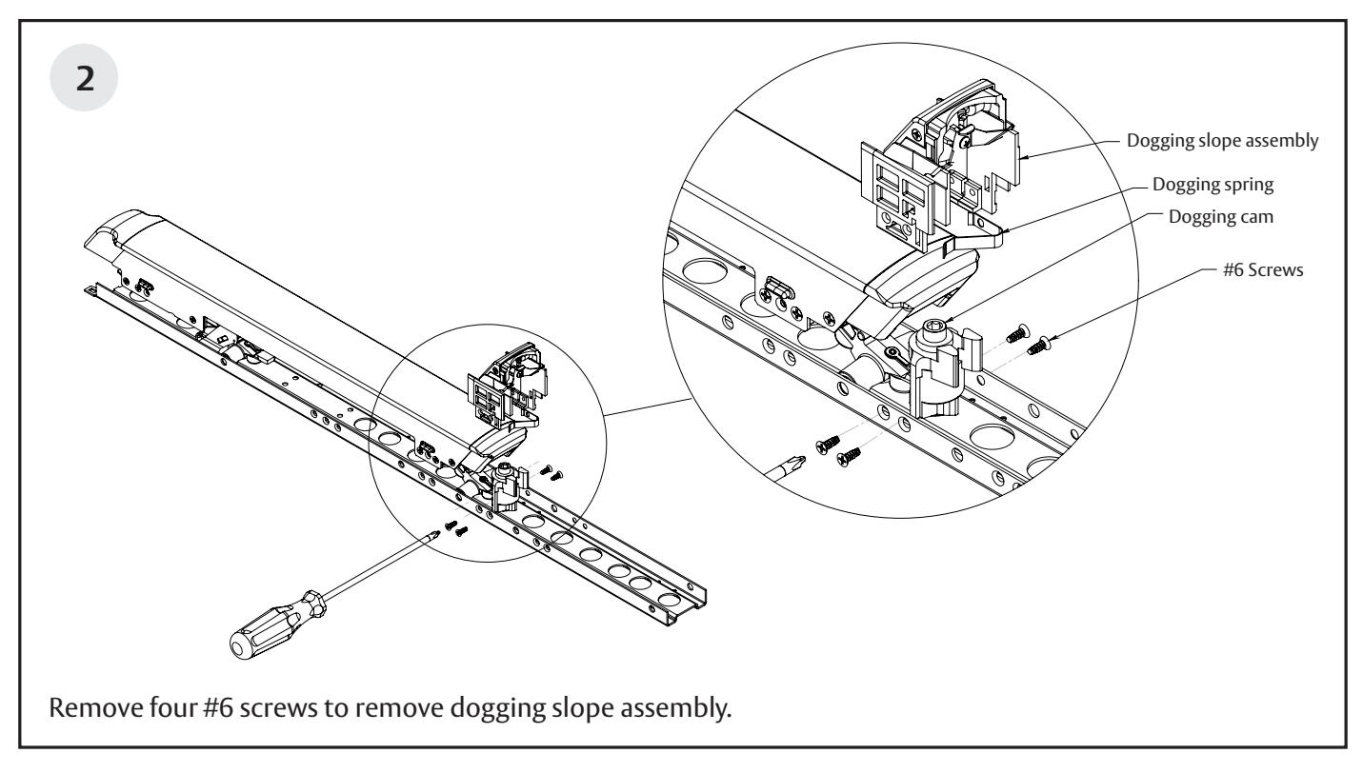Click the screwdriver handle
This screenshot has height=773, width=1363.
[x=266, y=630]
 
